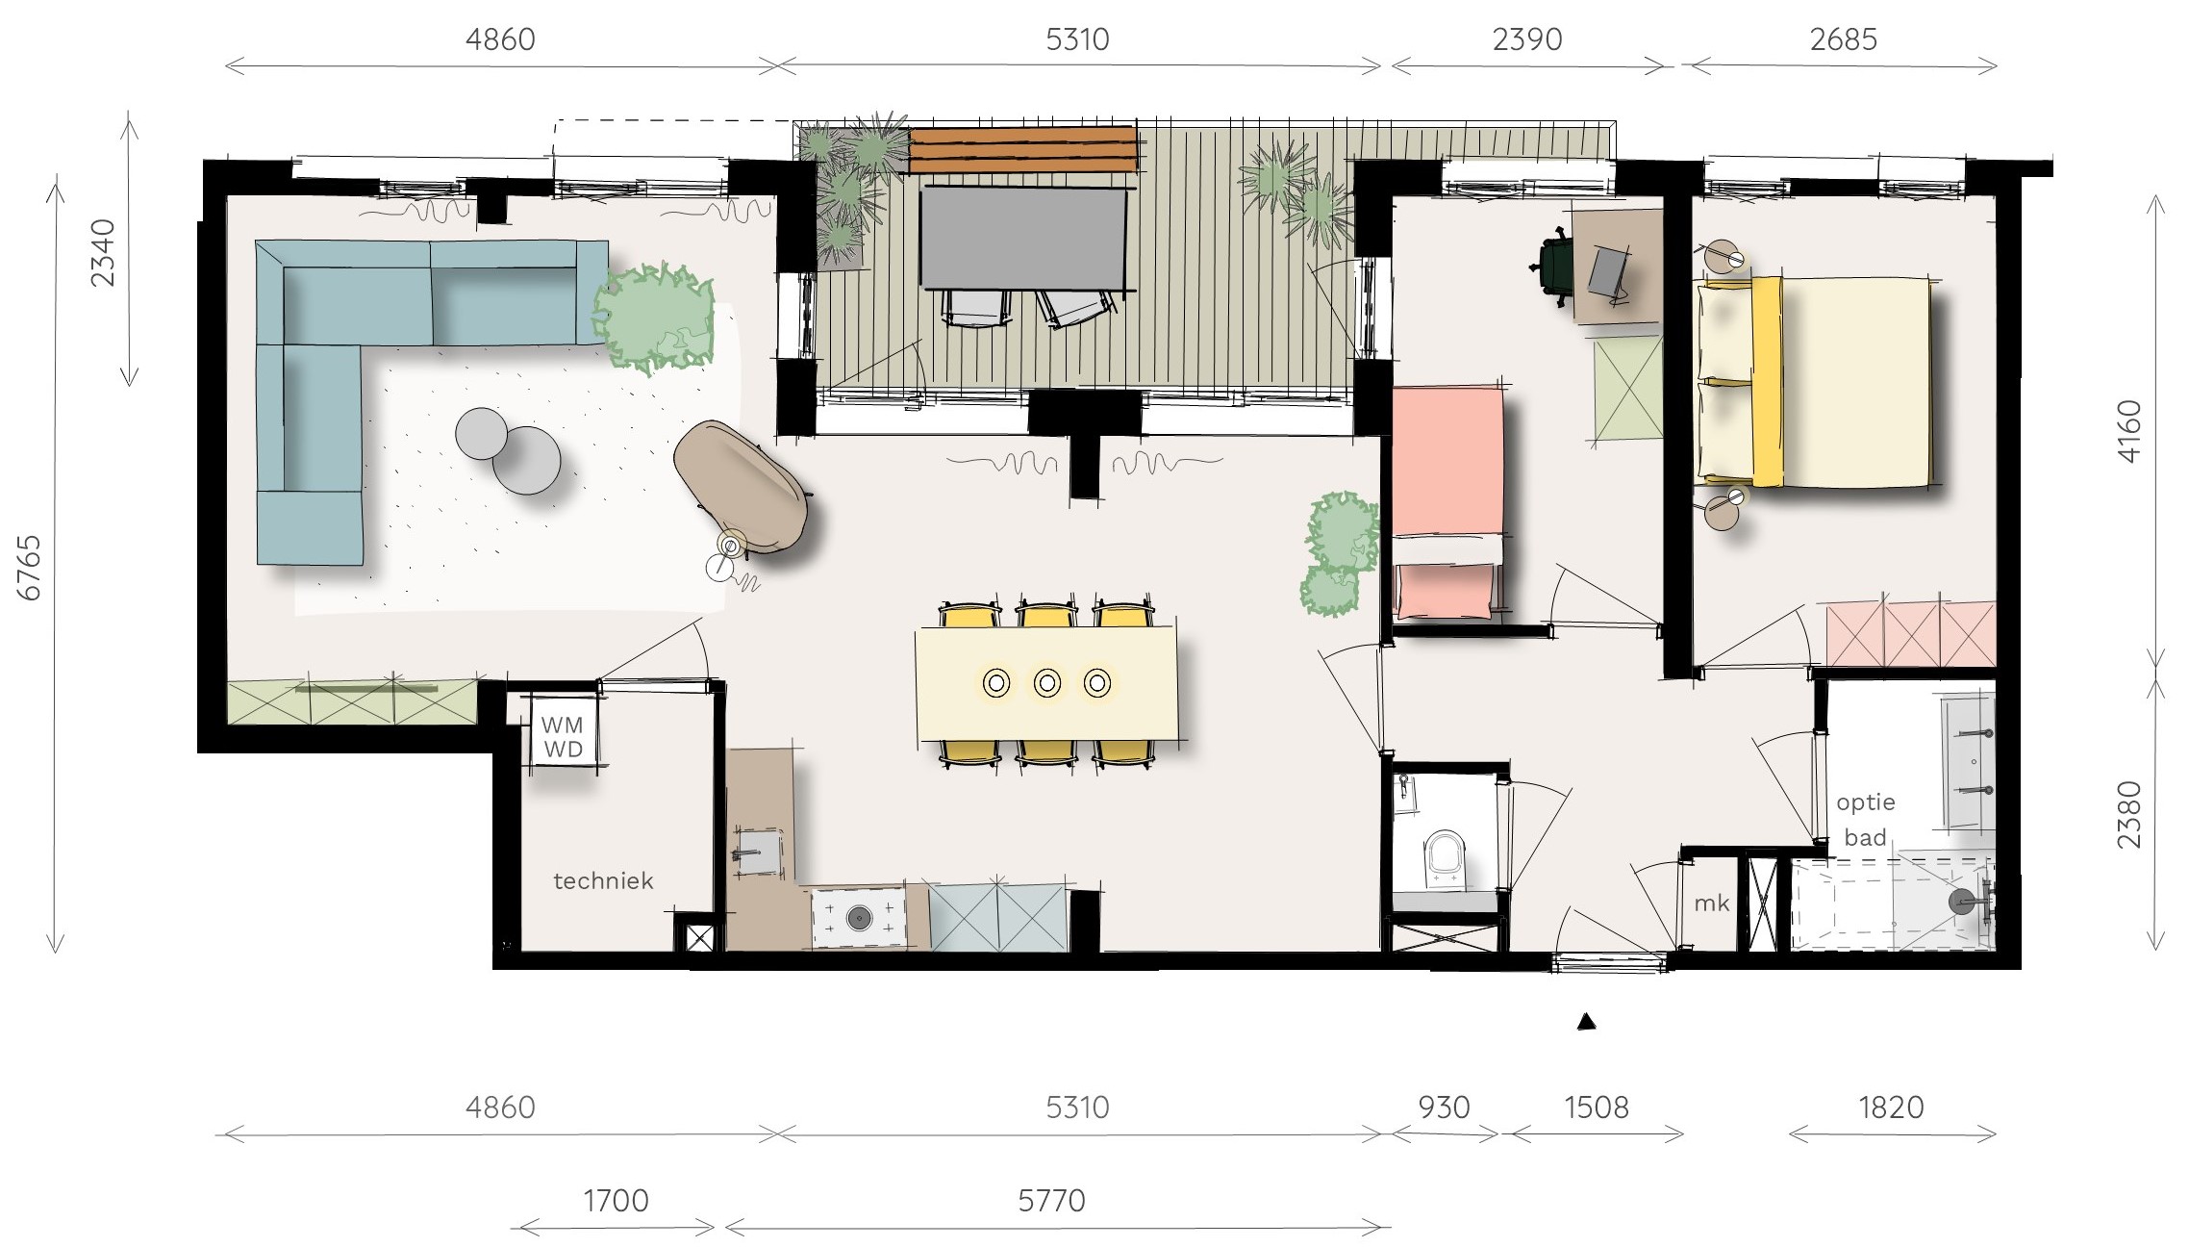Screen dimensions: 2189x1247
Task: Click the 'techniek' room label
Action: click(603, 880)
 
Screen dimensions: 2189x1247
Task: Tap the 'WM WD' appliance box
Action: click(563, 737)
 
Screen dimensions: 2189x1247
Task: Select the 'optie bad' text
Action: click(1865, 820)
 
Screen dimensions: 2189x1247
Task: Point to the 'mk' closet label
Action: click(1712, 903)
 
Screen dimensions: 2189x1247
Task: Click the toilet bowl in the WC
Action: click(1445, 856)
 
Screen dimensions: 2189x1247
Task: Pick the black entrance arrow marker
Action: click(1587, 1022)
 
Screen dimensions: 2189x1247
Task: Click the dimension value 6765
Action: click(31, 568)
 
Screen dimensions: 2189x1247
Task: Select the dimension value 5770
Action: click(1051, 1201)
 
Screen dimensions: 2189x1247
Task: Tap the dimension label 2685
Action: click(1843, 39)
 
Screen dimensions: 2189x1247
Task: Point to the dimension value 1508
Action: click(1597, 1107)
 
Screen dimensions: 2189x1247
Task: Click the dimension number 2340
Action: click(103, 253)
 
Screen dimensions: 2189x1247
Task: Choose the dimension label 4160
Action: click(2130, 431)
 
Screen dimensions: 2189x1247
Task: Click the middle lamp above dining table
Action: click(1047, 683)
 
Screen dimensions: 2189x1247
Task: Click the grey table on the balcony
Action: click(1022, 238)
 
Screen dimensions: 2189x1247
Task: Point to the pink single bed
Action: click(1447, 502)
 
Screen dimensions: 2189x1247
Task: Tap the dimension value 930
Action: click(1444, 1107)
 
